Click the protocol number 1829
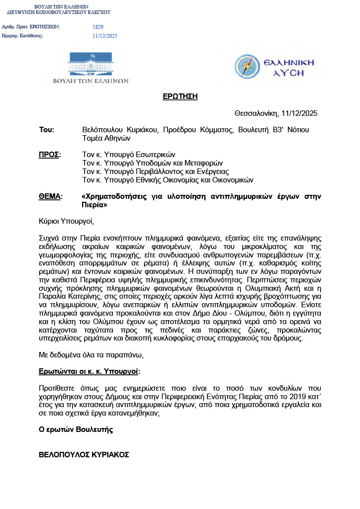[98, 26]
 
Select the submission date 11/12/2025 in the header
[105, 36]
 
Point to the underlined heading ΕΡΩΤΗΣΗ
[180, 96]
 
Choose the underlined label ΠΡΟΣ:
[49, 155]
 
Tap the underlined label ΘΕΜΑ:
[51, 196]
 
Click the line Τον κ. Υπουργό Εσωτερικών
[129, 155]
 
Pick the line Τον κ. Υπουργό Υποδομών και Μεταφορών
[152, 163]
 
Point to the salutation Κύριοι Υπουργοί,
[66, 221]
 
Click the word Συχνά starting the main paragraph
[49, 238]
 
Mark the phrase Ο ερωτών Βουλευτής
[76, 429]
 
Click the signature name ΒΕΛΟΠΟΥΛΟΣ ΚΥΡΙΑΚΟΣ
[84, 454]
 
